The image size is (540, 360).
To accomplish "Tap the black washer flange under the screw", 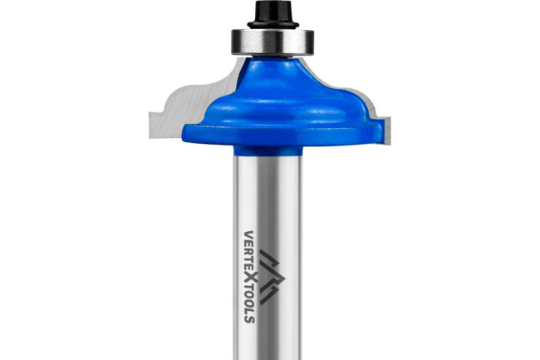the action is (x=272, y=25).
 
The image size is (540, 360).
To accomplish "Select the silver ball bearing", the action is (x=272, y=42).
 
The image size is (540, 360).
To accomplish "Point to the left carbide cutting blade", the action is (x=189, y=103).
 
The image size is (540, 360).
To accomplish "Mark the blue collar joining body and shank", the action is (x=268, y=150).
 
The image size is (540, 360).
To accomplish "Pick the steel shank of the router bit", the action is (x=268, y=258).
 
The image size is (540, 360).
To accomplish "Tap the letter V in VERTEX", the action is (x=249, y=235).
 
